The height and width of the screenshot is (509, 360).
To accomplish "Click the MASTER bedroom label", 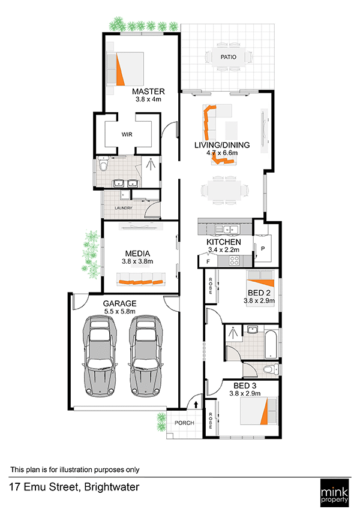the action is click(x=148, y=92).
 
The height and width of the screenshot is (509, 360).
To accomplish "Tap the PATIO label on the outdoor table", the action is click(x=229, y=57).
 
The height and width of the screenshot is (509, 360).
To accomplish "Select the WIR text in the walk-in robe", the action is click(x=127, y=134).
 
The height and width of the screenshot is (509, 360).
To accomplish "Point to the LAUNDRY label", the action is click(x=124, y=208).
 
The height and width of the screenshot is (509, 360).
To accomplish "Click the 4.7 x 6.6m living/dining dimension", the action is click(x=222, y=152).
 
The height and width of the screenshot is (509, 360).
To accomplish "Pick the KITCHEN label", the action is click(x=224, y=242).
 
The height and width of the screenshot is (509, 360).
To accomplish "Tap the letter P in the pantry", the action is click(x=263, y=249).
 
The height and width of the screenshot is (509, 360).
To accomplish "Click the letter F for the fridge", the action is click(x=208, y=261).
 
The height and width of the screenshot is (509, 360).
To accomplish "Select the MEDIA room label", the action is click(x=137, y=254).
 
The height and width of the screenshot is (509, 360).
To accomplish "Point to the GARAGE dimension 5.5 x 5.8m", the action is click(x=119, y=311).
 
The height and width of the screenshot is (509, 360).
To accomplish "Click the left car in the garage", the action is click(x=100, y=356).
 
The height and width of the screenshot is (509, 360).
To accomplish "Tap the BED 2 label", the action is click(x=259, y=293).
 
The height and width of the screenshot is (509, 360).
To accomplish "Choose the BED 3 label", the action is click(x=245, y=386).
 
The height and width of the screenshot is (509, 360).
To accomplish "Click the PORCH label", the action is click(x=184, y=423).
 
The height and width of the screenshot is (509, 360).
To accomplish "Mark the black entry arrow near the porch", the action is click(x=196, y=405).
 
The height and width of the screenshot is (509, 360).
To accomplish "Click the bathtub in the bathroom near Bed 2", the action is click(x=271, y=344).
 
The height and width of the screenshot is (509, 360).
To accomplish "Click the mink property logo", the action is click(x=334, y=492).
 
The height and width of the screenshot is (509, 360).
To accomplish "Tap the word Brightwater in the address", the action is click(x=112, y=487).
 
